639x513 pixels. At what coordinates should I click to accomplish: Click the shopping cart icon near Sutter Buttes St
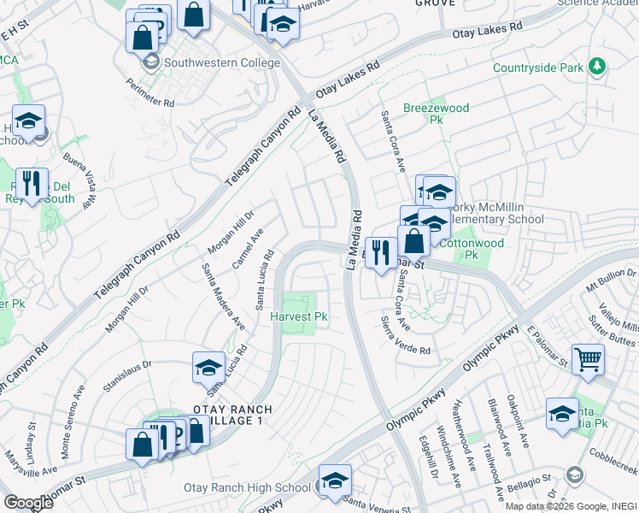click(x=587, y=359)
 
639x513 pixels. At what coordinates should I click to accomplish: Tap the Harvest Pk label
click(x=299, y=317)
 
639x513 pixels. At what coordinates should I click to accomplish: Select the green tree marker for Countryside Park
click(x=598, y=67)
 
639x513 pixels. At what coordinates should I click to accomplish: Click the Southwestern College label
click(x=221, y=62)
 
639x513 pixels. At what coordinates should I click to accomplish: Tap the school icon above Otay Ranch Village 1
click(x=208, y=368)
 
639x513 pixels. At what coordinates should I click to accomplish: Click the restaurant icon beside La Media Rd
click(x=380, y=252)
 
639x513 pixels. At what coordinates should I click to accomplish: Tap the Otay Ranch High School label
click(x=248, y=487)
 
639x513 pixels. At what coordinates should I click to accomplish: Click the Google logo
click(x=28, y=502)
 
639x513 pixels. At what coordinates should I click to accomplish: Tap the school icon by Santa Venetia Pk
click(x=561, y=415)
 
